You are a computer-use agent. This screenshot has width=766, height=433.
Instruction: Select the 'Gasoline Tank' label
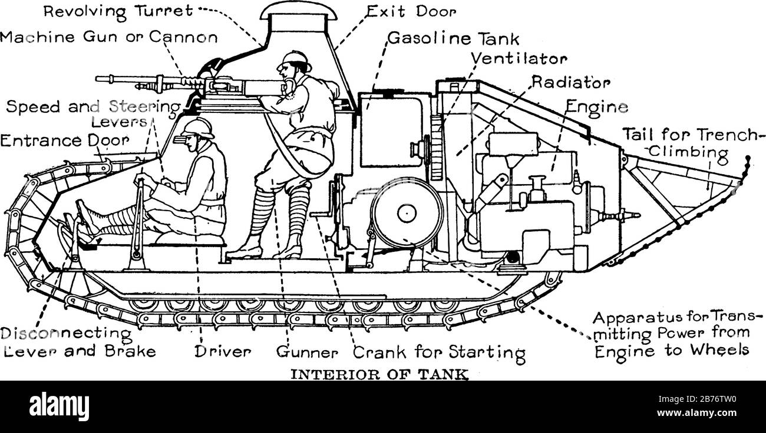pyautogui.click(x=453, y=39)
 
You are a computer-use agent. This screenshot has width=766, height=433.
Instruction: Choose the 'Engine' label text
pyautogui.click(x=596, y=108)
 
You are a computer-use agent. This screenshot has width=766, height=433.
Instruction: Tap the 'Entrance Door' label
pyautogui.click(x=64, y=141)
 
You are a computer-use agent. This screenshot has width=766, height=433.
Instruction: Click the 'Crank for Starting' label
pyautogui.click(x=438, y=354)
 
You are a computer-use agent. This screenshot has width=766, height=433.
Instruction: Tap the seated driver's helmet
pyautogui.click(x=198, y=128)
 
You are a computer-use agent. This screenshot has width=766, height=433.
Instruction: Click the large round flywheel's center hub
pyautogui.click(x=407, y=213)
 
